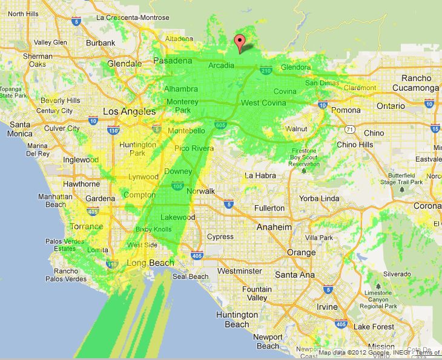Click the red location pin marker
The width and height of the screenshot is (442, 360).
(240, 44)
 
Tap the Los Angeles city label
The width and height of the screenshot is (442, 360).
(130, 112)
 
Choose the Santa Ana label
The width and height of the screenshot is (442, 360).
(294, 275)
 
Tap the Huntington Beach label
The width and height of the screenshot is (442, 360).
(237, 319)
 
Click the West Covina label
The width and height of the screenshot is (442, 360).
(263, 103)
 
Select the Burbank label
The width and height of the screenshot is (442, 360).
(100, 43)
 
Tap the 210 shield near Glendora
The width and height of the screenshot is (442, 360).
(266, 71)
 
